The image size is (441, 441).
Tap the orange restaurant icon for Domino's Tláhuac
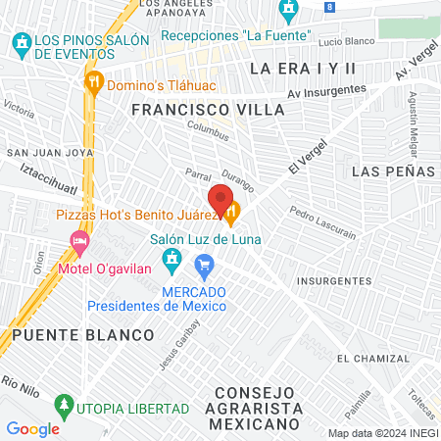click(95, 82)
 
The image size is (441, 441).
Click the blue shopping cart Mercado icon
click(204, 264)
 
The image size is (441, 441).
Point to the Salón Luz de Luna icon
click(172, 257)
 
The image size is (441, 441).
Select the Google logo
click(32, 428)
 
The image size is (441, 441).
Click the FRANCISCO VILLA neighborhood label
click(208, 111)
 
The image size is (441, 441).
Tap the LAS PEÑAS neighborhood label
click(391, 171)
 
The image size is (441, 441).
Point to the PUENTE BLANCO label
click(82, 335)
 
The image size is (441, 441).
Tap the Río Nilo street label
click(19, 381)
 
